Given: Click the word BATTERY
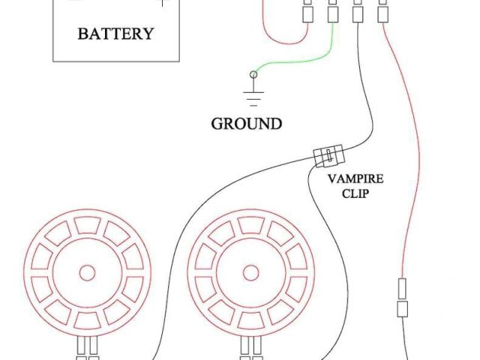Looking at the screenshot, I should point(115,33).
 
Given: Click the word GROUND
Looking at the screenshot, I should point(246,124).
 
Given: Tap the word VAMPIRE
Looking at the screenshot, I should point(356,179).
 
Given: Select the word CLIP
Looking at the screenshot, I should point(356,193).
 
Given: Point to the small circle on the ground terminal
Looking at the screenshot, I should point(253,74).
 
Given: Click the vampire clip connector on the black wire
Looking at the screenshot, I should point(328,156).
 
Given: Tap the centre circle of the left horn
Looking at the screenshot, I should point(87,273).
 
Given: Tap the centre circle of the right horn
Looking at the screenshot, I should point(250,273).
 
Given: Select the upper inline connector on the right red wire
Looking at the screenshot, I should point(402,288).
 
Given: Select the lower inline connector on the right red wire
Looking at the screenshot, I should point(402,309).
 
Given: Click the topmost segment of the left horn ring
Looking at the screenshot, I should point(87,226).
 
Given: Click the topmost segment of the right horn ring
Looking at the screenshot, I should point(250,226).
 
